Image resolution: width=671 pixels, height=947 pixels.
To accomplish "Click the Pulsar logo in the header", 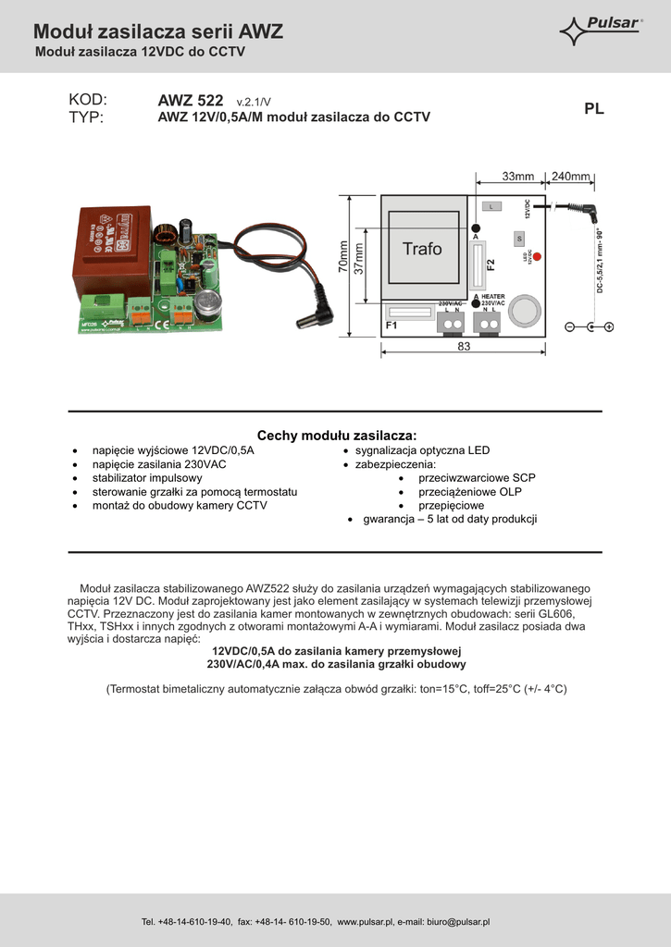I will (x=602, y=31).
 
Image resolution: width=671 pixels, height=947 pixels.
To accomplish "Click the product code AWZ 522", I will (x=191, y=100).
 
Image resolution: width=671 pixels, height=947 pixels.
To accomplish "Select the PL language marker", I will (x=593, y=109).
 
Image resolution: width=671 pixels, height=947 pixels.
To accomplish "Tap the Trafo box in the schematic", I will (x=422, y=249).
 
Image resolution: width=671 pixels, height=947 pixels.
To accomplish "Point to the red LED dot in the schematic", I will (x=537, y=256).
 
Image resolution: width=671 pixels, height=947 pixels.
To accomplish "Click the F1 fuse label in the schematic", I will (x=391, y=326).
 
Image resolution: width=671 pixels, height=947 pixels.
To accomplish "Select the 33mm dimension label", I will (x=518, y=177).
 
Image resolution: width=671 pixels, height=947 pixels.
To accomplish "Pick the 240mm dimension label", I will (x=570, y=177).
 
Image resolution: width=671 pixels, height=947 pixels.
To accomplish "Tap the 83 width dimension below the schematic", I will (x=464, y=348).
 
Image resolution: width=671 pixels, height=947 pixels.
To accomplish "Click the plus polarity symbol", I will (x=609, y=326).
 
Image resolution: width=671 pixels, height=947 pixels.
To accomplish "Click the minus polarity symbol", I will (x=569, y=326).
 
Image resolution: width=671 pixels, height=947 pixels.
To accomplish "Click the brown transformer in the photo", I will (x=114, y=248).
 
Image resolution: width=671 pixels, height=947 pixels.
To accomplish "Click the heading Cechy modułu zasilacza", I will (x=336, y=435).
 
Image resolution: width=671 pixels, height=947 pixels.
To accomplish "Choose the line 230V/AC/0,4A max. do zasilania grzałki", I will (x=336, y=664).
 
